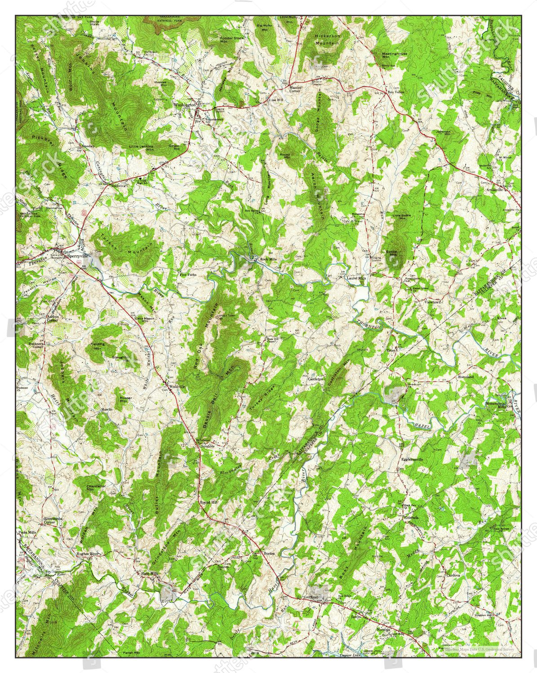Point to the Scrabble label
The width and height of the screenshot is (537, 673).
(x=208, y=446)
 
